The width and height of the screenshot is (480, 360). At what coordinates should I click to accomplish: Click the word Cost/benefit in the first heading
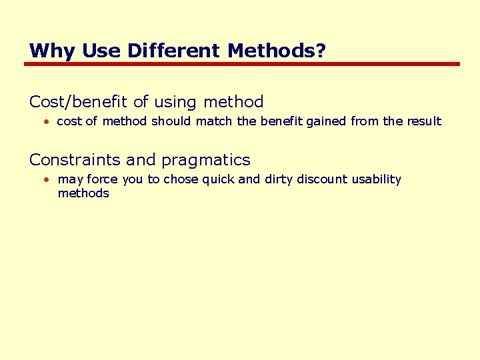(79, 102)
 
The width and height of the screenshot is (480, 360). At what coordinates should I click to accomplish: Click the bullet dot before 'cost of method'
(47, 122)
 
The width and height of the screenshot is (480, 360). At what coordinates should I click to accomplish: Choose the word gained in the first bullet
(319, 121)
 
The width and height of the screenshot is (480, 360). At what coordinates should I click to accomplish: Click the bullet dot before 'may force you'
(47, 180)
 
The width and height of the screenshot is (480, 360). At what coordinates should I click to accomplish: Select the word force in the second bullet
(102, 179)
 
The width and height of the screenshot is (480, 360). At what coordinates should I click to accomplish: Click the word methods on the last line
(83, 193)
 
